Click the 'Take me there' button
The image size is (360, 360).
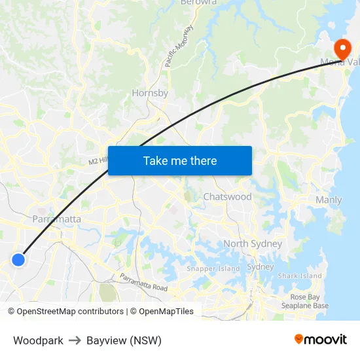pyautogui.click(x=179, y=160)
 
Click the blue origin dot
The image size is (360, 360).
pyautogui.click(x=18, y=260)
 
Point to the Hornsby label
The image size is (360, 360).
pyautogui.click(x=150, y=93)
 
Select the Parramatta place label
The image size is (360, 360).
pyautogui.click(x=57, y=219)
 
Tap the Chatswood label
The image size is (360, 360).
pyautogui.click(x=227, y=196)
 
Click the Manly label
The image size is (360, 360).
pyautogui.click(x=329, y=200)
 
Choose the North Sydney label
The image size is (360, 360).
pyautogui.click(x=253, y=243)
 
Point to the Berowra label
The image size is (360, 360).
pyautogui.click(x=198, y=3)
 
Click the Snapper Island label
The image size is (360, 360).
pyautogui.click(x=213, y=268)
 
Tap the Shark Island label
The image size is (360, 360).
pyautogui.click(x=300, y=276)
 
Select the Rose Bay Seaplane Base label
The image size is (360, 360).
pyautogui.click(x=305, y=301)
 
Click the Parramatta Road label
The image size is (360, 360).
pyautogui.click(x=143, y=283)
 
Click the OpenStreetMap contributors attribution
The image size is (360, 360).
pyautogui.click(x=65, y=312)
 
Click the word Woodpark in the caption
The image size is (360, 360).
pyautogui.click(x=38, y=340)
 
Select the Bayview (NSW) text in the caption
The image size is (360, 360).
pyautogui.click(x=124, y=340)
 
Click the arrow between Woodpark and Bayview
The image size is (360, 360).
pyautogui.click(x=75, y=340)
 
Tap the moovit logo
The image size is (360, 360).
pyautogui.click(x=321, y=339)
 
